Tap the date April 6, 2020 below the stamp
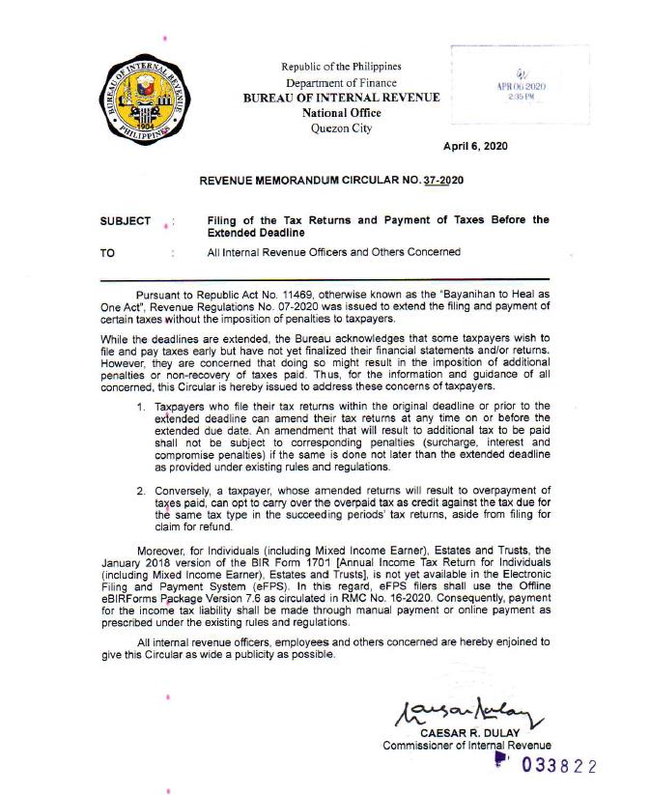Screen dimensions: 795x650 [x=475, y=146]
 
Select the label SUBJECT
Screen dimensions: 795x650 [x=126, y=221]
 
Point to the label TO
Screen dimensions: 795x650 [x=107, y=253]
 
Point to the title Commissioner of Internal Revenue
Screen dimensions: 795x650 [x=466, y=746]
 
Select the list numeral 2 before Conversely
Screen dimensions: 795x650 [x=140, y=491]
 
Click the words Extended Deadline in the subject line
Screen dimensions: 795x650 [x=256, y=233]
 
